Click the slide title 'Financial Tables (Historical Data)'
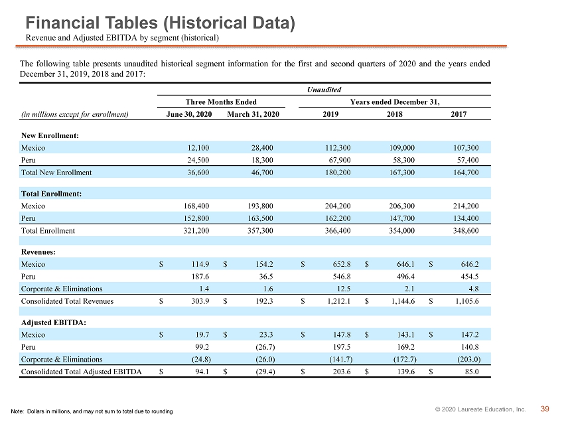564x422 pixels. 161,23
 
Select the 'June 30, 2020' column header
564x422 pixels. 189,114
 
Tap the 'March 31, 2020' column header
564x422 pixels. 253,114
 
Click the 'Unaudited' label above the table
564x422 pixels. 324,90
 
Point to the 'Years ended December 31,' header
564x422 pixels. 395,102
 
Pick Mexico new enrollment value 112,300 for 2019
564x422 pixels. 338,148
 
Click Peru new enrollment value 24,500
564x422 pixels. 198,160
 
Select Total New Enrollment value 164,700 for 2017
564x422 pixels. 466,173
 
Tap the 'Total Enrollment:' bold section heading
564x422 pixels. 52,194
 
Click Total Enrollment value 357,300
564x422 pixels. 260,231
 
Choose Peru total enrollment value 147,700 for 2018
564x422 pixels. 402,218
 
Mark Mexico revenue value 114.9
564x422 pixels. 200,264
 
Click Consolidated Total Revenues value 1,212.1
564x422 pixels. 338,301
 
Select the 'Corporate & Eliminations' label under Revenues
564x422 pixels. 62,289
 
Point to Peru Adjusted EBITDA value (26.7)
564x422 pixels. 265,347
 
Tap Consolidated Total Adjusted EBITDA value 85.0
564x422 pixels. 472,372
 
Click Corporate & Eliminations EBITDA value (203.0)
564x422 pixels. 470,360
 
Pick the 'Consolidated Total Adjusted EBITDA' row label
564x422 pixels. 82,372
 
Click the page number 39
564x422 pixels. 545,409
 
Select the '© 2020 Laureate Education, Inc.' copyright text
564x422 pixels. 480,409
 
